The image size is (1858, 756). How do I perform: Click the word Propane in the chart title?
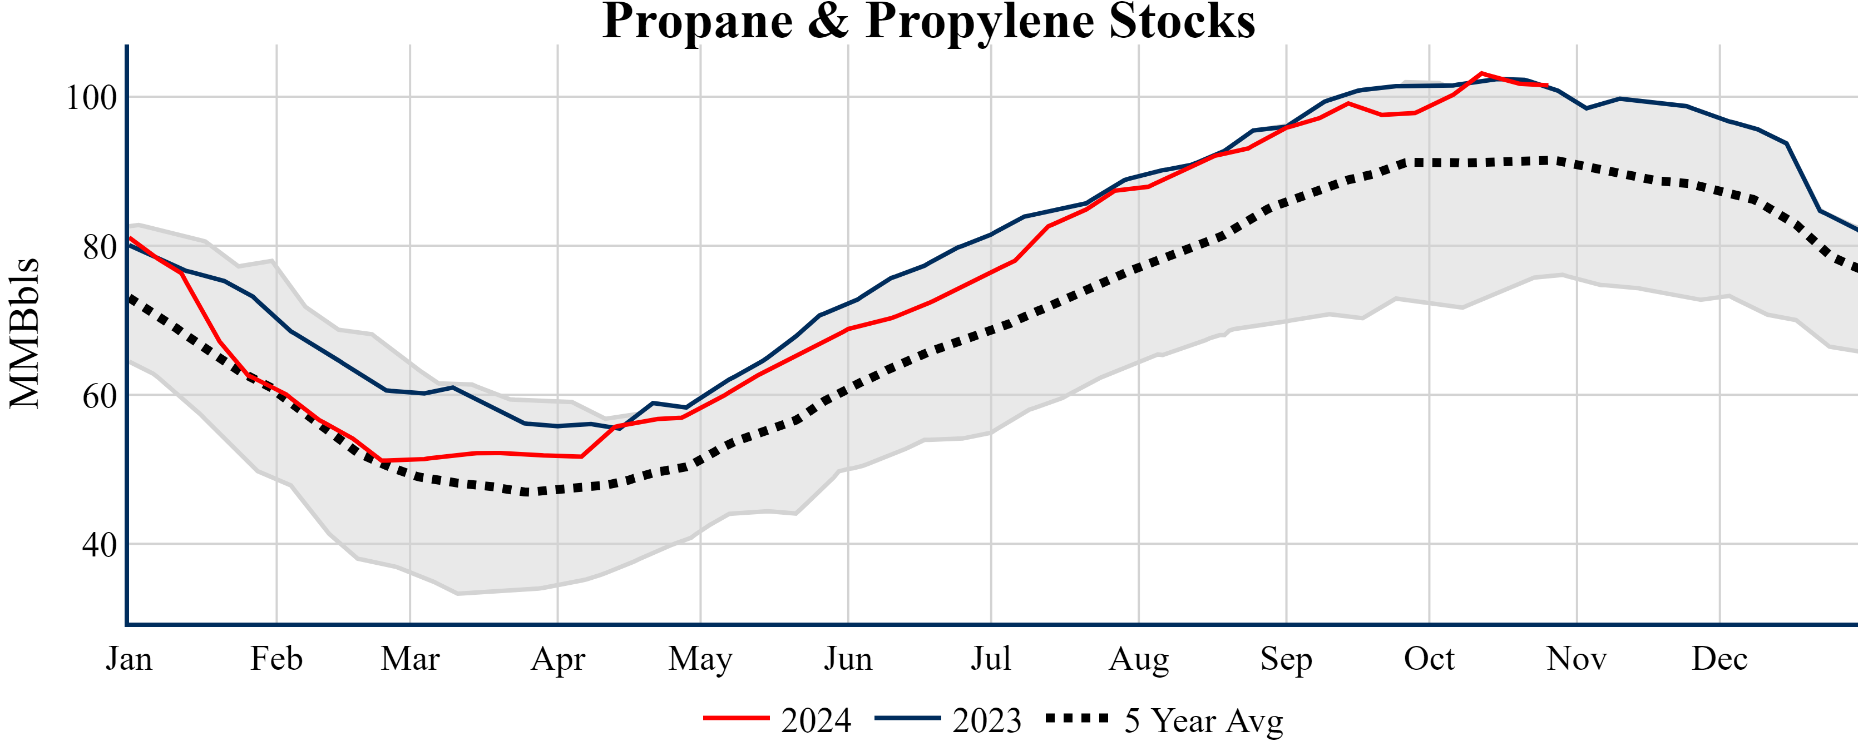pos(698,22)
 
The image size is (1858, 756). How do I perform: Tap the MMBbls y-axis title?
pos(24,333)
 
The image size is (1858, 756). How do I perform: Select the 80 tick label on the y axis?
pos(100,247)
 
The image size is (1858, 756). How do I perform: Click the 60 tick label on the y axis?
pos(100,396)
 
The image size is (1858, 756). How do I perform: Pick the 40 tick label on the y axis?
pos(100,545)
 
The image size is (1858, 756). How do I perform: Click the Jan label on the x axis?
pos(129,659)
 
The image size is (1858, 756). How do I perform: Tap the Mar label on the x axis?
pos(409,659)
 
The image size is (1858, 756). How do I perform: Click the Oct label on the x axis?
pos(1429,659)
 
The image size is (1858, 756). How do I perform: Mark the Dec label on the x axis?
pos(1719,659)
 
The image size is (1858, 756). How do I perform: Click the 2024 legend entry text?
pos(816,720)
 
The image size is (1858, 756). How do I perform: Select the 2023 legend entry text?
pos(987,720)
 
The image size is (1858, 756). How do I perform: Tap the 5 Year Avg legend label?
pos(1204,720)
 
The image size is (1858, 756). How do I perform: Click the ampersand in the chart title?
pos(828,22)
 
